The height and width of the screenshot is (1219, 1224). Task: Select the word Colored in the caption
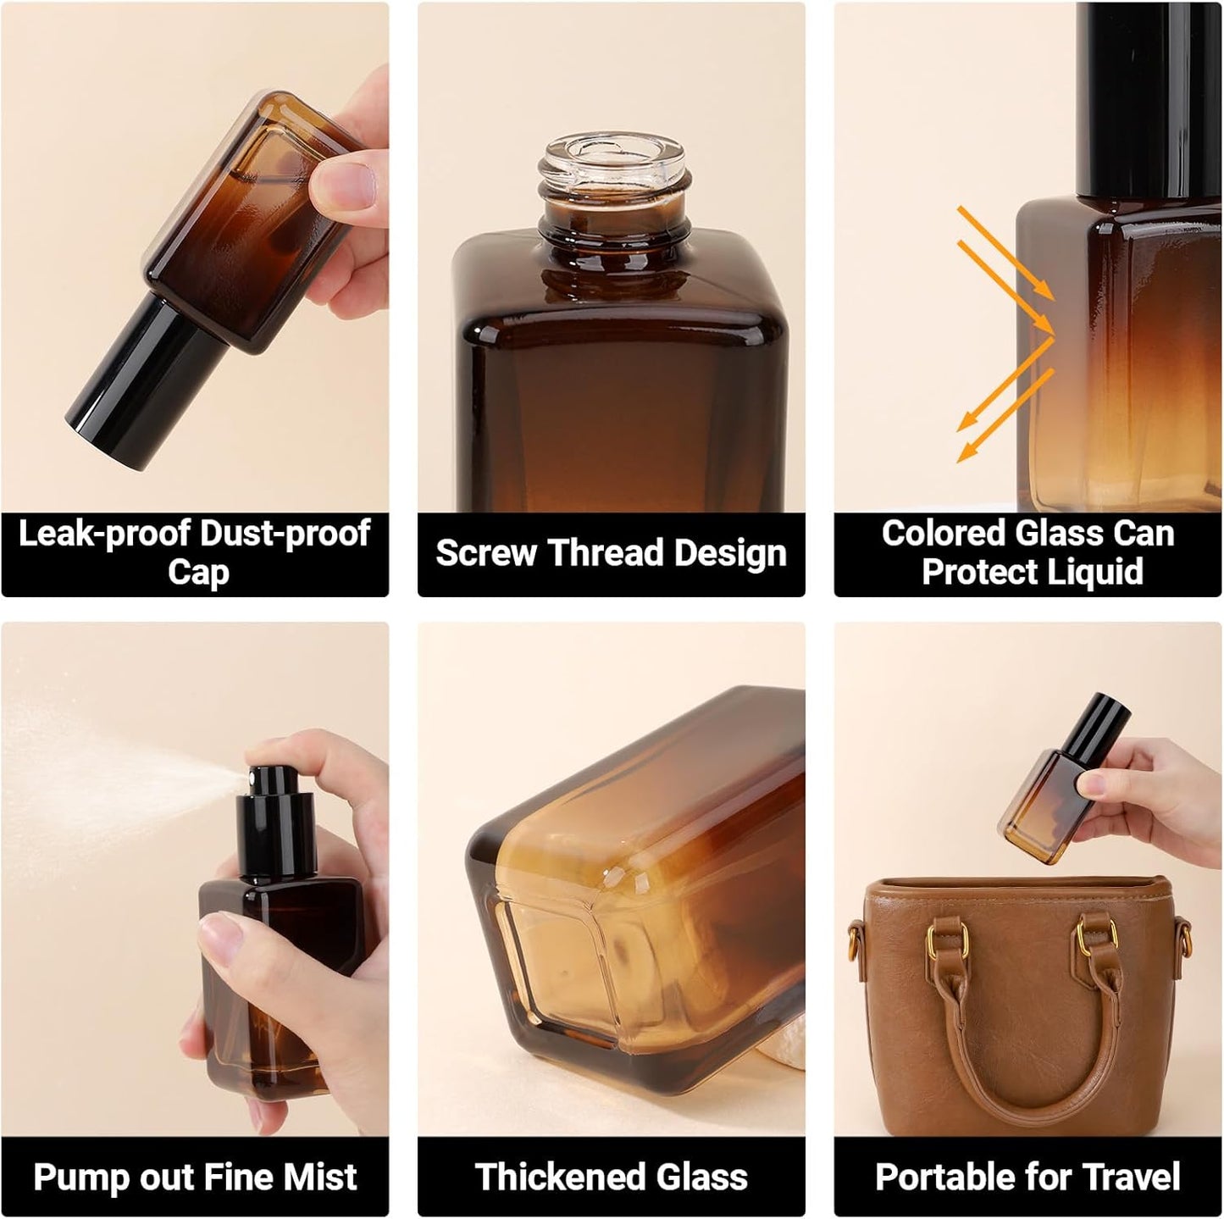click(942, 534)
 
